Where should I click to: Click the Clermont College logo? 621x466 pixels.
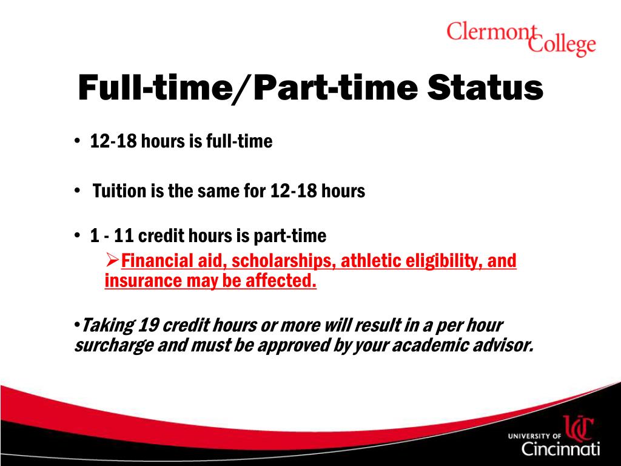tap(521, 38)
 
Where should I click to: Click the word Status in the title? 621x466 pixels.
tap(485, 88)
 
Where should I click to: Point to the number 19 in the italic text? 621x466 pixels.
tap(149, 325)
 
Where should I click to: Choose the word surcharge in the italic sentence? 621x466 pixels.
tap(107, 345)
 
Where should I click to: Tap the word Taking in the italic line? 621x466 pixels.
tap(107, 325)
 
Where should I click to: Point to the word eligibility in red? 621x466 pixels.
tap(441, 261)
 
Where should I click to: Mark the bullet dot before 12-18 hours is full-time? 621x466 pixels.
tap(78, 141)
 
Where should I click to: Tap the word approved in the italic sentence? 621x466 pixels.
tap(292, 345)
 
